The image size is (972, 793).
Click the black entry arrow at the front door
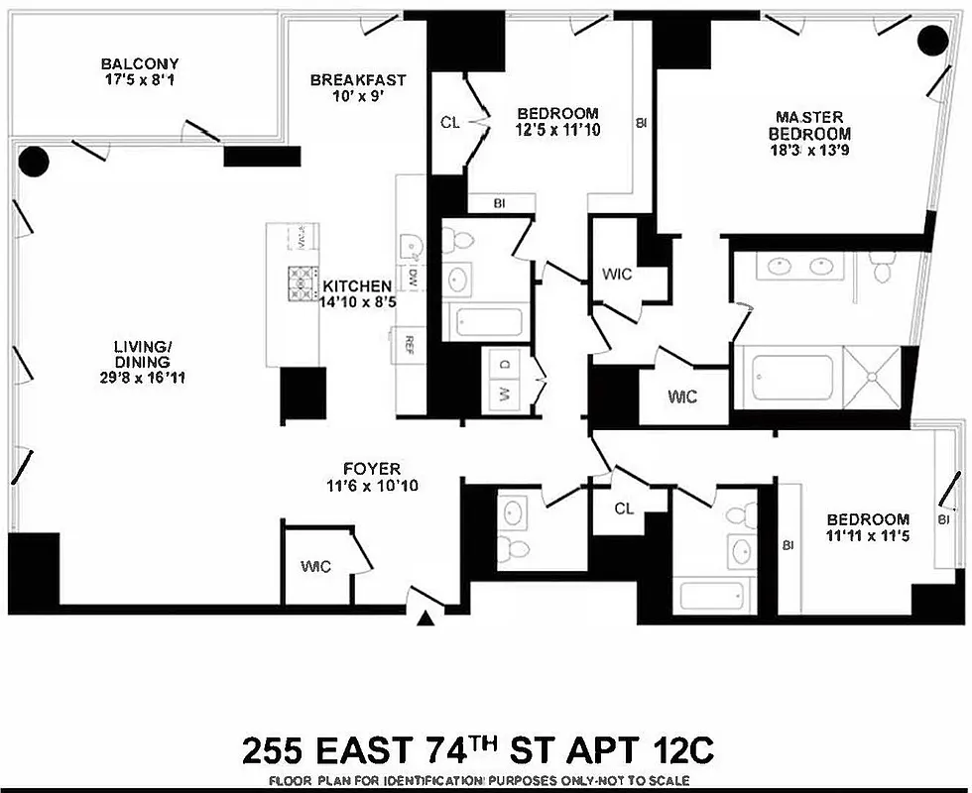pos(426,620)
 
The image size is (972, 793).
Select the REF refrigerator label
pos(407,346)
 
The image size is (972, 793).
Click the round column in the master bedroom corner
pos(932,41)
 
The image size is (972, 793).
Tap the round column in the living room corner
pos(35,161)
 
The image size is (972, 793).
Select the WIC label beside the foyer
pos(316,566)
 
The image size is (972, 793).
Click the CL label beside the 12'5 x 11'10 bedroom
pos(449,124)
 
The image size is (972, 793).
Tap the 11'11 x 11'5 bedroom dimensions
pos(868,537)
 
